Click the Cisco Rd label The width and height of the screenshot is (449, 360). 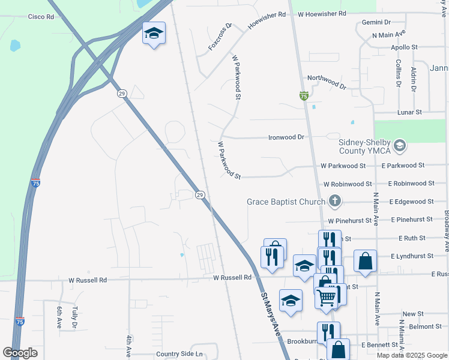[x=41, y=17]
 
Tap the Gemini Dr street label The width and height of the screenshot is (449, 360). [x=376, y=22]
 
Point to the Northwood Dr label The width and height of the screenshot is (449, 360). [x=327, y=82]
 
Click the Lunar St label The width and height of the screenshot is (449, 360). [x=410, y=112]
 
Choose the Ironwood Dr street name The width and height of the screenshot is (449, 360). [x=286, y=137]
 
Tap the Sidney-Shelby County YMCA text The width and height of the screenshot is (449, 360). [x=364, y=146]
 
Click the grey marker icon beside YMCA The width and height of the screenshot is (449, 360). [x=400, y=145]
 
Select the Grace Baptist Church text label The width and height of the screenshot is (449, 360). [x=286, y=202]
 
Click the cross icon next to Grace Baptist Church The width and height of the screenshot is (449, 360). [x=336, y=202]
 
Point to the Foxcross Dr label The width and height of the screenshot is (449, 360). [x=220, y=38]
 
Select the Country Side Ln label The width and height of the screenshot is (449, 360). [x=179, y=354]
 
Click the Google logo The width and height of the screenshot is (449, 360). [x=20, y=353]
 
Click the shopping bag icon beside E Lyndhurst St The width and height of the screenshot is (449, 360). [x=365, y=260]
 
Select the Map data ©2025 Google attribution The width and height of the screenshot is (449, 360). [x=412, y=355]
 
